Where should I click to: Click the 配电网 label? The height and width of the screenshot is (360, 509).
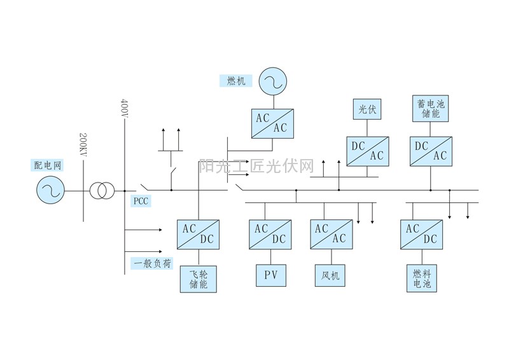click(48, 165)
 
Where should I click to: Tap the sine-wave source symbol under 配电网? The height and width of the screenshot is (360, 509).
click(50, 190)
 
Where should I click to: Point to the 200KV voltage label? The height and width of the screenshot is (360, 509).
click(83, 146)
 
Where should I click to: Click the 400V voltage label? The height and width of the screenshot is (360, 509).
click(124, 112)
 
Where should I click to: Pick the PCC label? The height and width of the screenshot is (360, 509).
click(141, 202)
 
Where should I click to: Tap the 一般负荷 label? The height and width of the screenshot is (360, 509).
click(151, 263)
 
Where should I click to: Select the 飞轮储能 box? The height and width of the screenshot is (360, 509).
click(199, 279)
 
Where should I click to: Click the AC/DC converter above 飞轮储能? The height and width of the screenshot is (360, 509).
click(199, 234)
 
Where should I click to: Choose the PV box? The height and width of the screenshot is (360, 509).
click(271, 275)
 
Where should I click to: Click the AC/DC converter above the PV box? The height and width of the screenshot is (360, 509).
click(271, 234)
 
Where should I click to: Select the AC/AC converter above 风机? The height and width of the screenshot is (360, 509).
click(331, 234)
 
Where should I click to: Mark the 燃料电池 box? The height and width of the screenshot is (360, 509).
click(422, 279)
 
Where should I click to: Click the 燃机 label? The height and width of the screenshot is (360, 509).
click(236, 81)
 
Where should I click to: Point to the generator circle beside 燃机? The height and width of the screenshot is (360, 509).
click(272, 81)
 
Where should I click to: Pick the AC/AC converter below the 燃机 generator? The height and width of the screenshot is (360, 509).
click(272, 123)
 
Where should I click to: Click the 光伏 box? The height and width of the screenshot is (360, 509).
click(368, 109)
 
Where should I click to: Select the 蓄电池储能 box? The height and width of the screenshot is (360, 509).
click(431, 108)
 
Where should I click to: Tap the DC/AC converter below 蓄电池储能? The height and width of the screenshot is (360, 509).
click(431, 151)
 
